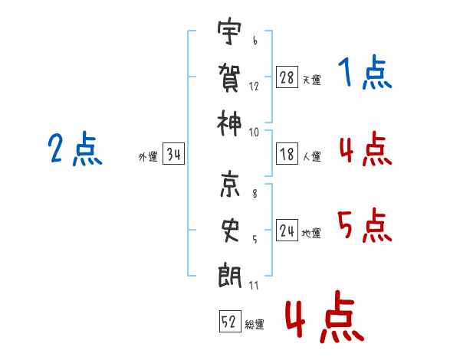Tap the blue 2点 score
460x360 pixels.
coord(75,149)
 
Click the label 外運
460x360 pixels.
coord(148,157)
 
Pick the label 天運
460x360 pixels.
coord(311,80)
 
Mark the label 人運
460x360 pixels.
coord(311,157)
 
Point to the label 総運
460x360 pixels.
coord(255,324)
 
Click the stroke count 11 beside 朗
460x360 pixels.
coord(255,286)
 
